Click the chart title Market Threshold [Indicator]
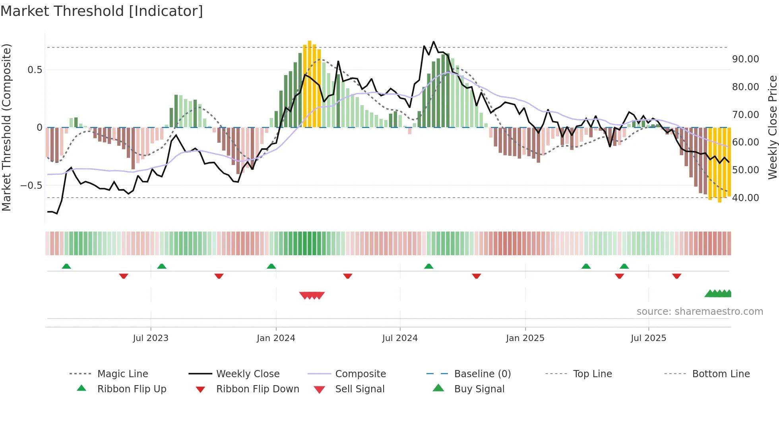102,11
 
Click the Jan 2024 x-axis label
276,338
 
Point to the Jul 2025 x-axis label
648,338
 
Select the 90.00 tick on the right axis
745,59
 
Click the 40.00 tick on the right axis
745,198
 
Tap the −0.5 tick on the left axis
31,185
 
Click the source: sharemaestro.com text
700,311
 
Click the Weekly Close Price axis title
772,127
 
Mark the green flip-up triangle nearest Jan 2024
271,266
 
